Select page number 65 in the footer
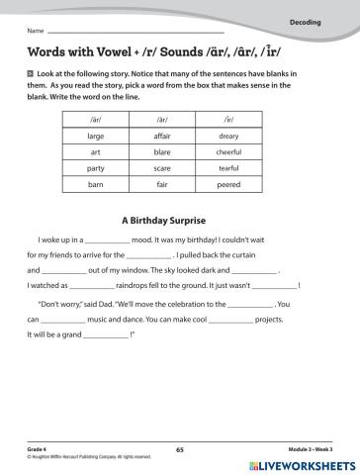[x=180, y=450]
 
